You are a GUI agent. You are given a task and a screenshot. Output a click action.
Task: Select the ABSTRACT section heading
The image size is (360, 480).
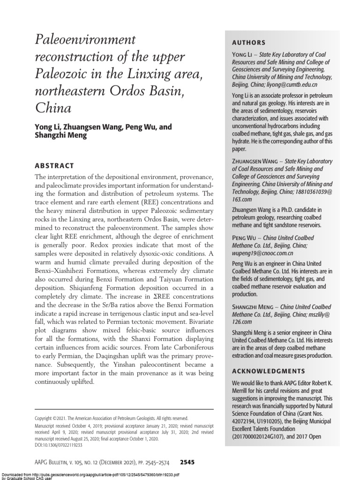54,165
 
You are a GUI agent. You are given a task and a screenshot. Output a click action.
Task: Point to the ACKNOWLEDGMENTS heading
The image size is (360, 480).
268,371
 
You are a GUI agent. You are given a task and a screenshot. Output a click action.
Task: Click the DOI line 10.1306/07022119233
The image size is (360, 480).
59,445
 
